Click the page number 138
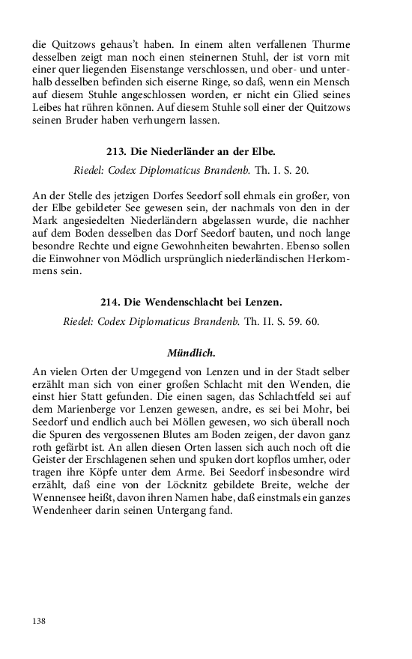(x=40, y=621)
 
